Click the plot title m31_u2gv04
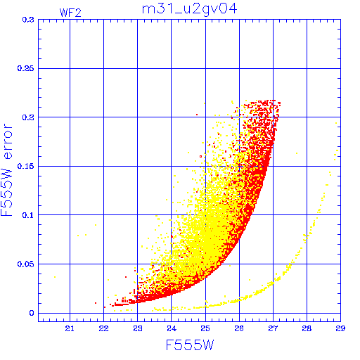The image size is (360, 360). tap(190, 10)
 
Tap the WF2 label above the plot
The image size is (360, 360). tap(70, 13)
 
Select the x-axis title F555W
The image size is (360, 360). tap(190, 345)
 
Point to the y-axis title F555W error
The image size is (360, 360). tap(6, 170)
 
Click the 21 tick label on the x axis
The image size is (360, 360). tap(70, 328)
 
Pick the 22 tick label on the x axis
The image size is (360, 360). tap(103, 328)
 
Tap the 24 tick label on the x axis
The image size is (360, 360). tap(172, 328)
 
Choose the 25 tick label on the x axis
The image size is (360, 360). tap(205, 328)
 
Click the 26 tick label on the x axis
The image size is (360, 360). tap(239, 328)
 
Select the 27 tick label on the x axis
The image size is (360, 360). tap(273, 328)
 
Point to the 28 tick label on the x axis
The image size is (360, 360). tap(307, 328)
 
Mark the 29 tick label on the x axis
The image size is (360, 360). tap(340, 328)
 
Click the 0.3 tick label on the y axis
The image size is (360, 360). tap(28, 20)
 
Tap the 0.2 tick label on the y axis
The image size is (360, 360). tap(28, 117)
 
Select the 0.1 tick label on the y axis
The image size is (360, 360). tap(28, 215)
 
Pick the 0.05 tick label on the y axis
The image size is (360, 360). tap(25, 264)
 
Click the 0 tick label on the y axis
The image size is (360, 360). tap(32, 313)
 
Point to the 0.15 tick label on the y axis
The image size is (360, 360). tap(25, 166)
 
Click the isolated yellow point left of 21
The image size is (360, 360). tap(55, 277)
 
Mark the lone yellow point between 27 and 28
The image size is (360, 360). tap(297, 153)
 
